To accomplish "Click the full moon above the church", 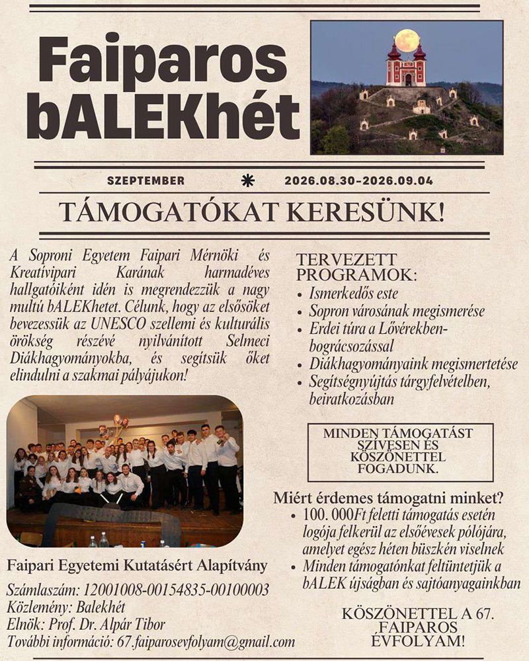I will (407, 40).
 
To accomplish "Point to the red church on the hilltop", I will (406, 67).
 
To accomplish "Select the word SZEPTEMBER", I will (145, 180).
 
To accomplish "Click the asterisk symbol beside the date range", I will (248, 180).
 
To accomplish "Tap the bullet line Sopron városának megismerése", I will (397, 311).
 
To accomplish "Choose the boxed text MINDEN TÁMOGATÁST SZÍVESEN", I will (399, 440).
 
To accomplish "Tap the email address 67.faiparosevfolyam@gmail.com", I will (206, 642).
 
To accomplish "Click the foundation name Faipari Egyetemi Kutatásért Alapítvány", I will (137, 566).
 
